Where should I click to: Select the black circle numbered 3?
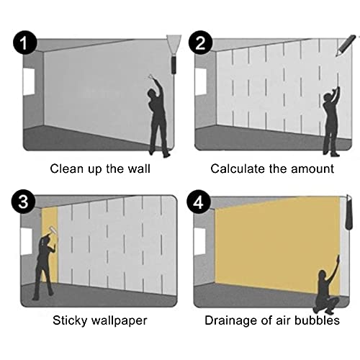click(x=26, y=202)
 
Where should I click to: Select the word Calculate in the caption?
click(x=238, y=168)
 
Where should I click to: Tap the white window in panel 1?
click(x=28, y=81)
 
